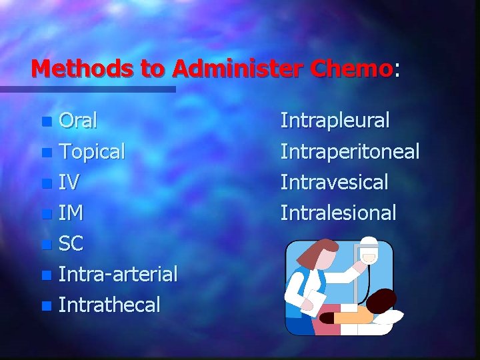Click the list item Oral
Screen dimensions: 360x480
[78, 121]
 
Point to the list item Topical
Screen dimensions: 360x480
[91, 152]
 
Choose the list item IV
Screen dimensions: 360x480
[69, 182]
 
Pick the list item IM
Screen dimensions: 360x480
[71, 213]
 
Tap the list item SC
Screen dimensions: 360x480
[71, 243]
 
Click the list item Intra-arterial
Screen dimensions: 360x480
[117, 274]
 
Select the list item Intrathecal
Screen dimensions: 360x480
[109, 305]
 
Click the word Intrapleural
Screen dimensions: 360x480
[335, 121]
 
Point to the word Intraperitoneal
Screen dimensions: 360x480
[350, 152]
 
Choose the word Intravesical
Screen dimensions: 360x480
[334, 182]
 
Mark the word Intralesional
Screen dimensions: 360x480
[338, 213]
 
